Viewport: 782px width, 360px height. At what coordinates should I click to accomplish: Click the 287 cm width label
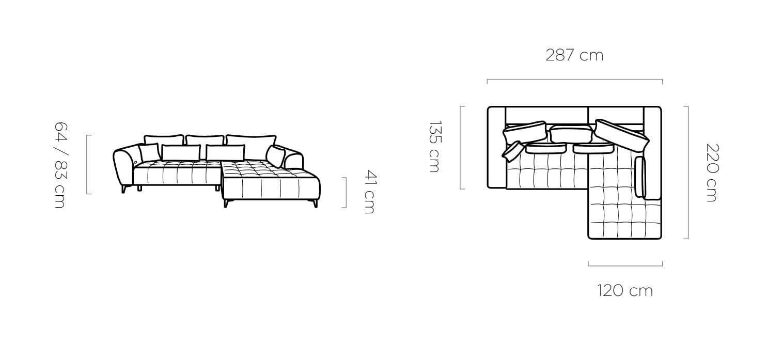574,55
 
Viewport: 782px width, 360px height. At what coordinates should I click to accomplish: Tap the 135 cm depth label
435,147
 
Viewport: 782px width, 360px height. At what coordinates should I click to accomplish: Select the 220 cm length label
712,173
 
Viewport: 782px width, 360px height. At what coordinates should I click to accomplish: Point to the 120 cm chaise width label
625,291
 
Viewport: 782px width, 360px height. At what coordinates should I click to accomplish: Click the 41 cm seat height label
370,192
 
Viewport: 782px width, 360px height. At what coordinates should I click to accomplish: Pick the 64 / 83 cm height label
60,165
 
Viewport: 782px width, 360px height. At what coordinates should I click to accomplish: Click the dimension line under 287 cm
575,80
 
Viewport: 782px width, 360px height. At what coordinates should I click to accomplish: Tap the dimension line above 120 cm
625,265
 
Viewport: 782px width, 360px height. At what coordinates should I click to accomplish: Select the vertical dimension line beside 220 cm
688,173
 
